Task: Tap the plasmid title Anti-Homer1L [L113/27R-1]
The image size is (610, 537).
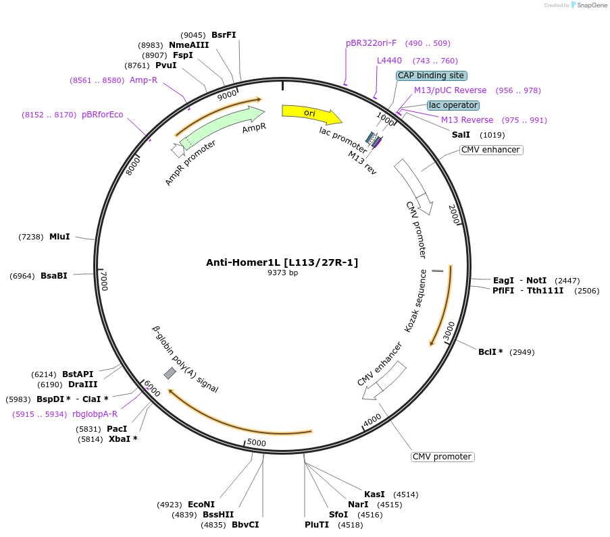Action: click(x=282, y=262)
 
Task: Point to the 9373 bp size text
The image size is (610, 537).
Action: click(x=282, y=273)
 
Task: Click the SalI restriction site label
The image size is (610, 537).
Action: click(x=461, y=135)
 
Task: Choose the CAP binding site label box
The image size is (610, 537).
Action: click(x=430, y=76)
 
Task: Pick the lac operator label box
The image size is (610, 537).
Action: click(x=453, y=105)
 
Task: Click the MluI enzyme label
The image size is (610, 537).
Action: click(x=59, y=237)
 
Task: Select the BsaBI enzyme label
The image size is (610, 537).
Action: click(x=54, y=276)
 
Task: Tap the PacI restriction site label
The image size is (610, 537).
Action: click(x=116, y=428)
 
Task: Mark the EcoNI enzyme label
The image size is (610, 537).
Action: click(x=201, y=505)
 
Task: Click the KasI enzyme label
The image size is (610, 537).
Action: click(x=374, y=494)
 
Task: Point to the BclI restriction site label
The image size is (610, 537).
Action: click(x=490, y=352)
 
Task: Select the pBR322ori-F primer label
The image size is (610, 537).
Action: click(x=372, y=43)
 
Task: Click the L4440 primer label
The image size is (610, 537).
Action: click(x=389, y=61)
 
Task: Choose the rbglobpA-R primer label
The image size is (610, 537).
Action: click(x=95, y=414)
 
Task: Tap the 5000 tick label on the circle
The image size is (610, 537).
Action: click(x=256, y=443)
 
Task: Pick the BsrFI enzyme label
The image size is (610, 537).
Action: click(x=224, y=35)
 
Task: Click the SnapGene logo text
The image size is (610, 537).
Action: click(x=591, y=5)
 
